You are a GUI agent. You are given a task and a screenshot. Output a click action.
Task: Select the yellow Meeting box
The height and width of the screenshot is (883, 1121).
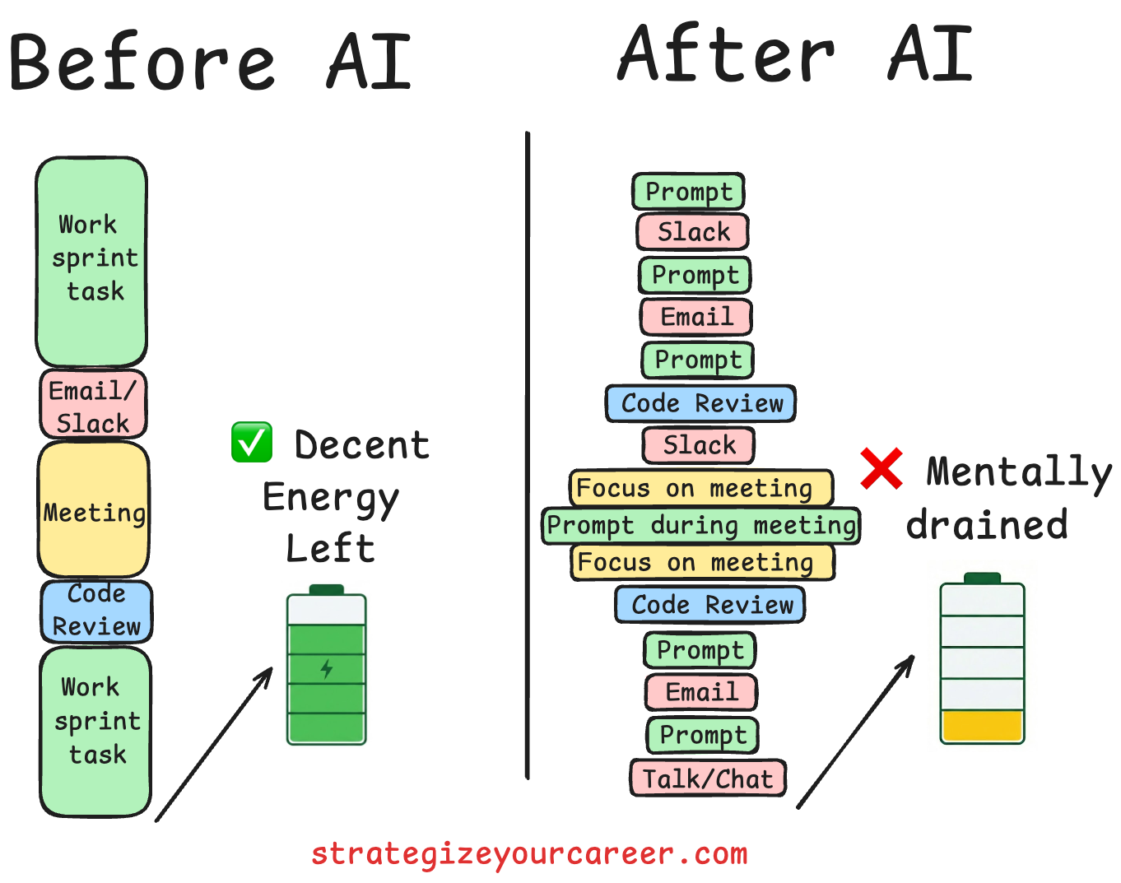pos(94,510)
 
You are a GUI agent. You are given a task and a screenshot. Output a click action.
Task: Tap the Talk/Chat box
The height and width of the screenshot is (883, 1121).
pos(708,778)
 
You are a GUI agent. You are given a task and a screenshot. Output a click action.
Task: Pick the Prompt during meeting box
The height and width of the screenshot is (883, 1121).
pos(701,526)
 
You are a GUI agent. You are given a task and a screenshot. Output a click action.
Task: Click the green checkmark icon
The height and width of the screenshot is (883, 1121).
pos(252,443)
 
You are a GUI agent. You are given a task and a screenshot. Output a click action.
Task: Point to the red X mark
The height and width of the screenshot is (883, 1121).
pos(881,468)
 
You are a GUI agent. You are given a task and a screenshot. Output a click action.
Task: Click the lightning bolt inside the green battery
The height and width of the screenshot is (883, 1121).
pos(327,668)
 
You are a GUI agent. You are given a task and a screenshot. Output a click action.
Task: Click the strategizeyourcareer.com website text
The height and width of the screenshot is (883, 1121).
pos(529,853)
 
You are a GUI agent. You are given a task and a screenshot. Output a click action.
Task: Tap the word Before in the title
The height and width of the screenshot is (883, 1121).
pos(142,63)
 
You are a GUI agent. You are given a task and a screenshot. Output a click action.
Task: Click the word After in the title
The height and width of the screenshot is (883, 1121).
pos(726,54)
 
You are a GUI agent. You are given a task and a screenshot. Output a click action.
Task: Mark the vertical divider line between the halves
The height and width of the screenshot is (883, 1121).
pos(527,453)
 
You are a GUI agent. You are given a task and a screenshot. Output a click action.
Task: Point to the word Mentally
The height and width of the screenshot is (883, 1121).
pos(1019,472)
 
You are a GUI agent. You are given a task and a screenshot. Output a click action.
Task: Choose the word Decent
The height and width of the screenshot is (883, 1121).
pos(362,445)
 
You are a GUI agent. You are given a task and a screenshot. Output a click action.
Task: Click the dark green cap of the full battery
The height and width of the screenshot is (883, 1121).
pos(327,589)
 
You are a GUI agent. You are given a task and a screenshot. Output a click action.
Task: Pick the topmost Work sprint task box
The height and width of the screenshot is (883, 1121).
pos(91,261)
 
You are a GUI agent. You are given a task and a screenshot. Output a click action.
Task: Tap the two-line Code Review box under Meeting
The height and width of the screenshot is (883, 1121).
pos(96,611)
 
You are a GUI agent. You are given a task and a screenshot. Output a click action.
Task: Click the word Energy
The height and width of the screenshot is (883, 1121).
pos(331,499)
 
